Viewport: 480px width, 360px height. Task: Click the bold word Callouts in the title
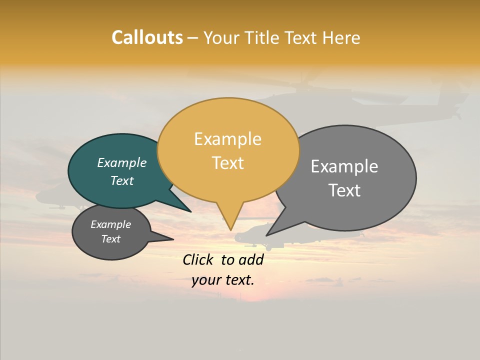147,37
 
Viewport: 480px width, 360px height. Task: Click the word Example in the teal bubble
122,162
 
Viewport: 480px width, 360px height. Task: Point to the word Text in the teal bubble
122,180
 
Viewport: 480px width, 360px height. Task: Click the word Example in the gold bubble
227,139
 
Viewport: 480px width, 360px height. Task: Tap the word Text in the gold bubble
228,163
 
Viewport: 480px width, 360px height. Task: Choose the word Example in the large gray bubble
344,166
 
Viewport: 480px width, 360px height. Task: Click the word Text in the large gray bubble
344,190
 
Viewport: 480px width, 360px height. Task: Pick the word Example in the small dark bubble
111,224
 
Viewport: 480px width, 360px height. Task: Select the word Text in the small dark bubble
111,239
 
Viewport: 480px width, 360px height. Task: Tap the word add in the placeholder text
251,259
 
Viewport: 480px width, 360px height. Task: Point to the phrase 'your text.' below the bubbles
223,280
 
